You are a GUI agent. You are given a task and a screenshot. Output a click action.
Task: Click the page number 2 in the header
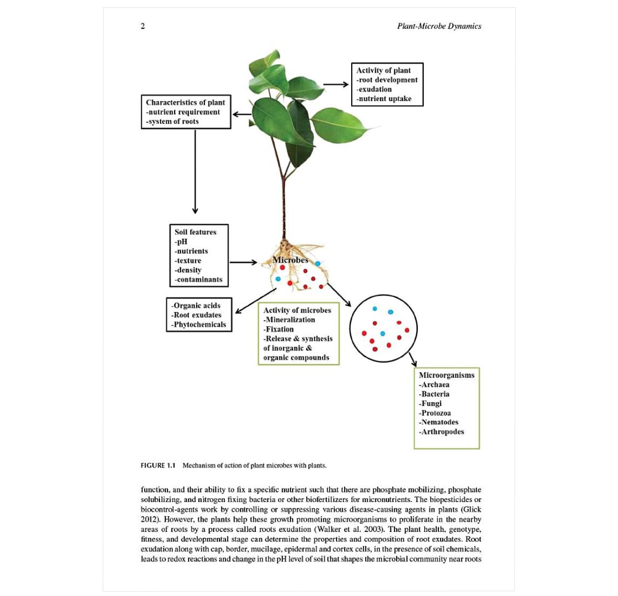point(143,26)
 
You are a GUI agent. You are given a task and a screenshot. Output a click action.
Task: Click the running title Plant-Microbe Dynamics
point(439,26)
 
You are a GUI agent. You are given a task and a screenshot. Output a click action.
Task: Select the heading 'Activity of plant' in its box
point(383,71)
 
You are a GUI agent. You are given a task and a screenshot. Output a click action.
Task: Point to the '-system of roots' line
point(173,122)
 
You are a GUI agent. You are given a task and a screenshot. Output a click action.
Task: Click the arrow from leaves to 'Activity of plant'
point(335,84)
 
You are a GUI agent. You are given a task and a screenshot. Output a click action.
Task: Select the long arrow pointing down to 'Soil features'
point(195,172)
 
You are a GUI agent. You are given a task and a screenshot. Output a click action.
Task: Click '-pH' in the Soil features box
point(181,241)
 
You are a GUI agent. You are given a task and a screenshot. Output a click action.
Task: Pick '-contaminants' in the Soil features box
point(199,279)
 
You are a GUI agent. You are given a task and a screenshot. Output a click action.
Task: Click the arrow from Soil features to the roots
point(243,262)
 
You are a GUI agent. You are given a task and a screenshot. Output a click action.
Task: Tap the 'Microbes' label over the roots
point(290,260)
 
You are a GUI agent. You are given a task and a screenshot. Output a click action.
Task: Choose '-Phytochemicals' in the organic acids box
point(199,325)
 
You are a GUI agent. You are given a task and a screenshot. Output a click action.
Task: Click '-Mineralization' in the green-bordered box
point(290,320)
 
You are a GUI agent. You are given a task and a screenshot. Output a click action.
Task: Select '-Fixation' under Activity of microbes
point(279,329)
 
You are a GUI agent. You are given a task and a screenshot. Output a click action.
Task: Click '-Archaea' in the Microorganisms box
point(434,384)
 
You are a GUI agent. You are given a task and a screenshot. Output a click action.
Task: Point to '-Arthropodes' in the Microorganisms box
point(441,432)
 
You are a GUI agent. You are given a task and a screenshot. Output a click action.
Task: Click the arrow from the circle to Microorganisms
point(413,360)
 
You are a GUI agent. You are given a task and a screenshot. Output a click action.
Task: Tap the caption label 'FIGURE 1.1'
point(158,465)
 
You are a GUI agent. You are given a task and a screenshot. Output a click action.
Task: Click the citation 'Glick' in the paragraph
point(471,510)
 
